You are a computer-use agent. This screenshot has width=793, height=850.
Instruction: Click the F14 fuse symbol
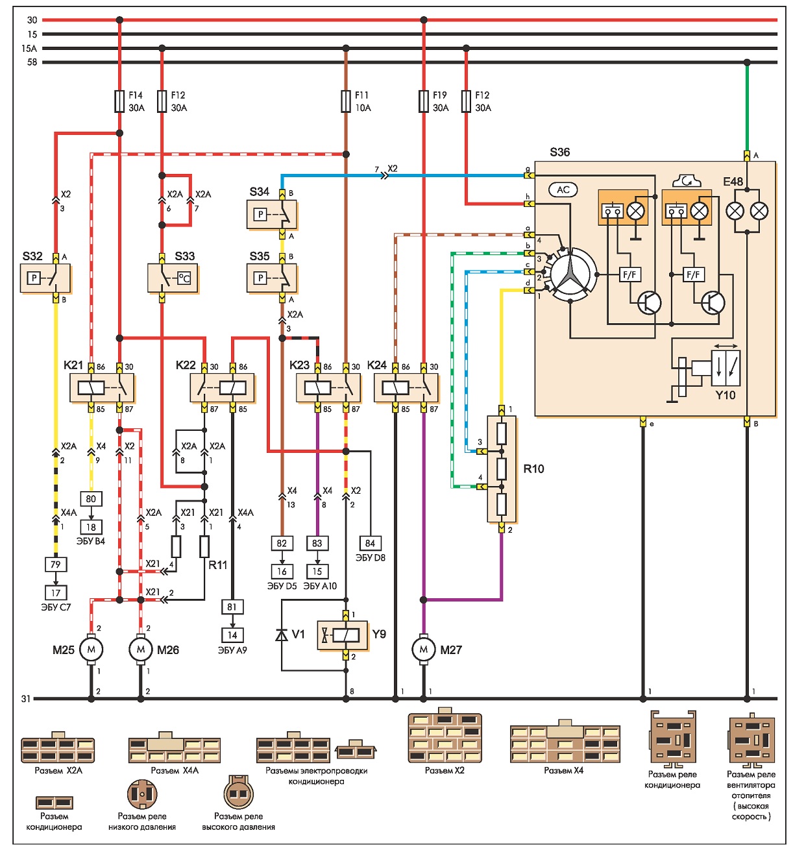(x=119, y=101)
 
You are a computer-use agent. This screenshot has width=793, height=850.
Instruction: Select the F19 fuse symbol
(x=424, y=101)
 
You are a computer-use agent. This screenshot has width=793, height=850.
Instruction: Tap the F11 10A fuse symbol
(x=345, y=101)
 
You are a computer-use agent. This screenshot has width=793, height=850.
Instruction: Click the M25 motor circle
(x=91, y=650)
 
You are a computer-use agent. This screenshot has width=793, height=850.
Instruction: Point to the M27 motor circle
(x=424, y=650)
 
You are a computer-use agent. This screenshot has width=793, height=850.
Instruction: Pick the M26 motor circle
(x=140, y=650)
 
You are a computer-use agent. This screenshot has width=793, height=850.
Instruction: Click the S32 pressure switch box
(x=45, y=278)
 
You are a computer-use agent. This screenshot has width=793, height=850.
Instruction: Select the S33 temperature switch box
(x=173, y=278)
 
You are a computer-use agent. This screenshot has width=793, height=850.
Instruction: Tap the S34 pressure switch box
(x=272, y=214)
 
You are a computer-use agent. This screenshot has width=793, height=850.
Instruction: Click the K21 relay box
(x=102, y=388)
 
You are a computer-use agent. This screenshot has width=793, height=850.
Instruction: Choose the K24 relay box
(x=406, y=388)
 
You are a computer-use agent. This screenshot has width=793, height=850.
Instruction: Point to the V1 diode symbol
(x=282, y=635)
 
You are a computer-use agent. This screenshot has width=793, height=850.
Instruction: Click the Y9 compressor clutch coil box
(x=343, y=635)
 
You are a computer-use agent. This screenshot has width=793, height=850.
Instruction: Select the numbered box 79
(x=56, y=564)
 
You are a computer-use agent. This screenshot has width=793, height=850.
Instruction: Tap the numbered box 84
(x=370, y=543)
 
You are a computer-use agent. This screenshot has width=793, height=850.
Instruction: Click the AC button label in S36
(x=563, y=189)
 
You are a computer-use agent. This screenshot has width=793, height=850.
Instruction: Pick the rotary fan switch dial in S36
(x=572, y=274)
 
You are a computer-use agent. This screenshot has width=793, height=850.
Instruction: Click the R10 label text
(x=533, y=468)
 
